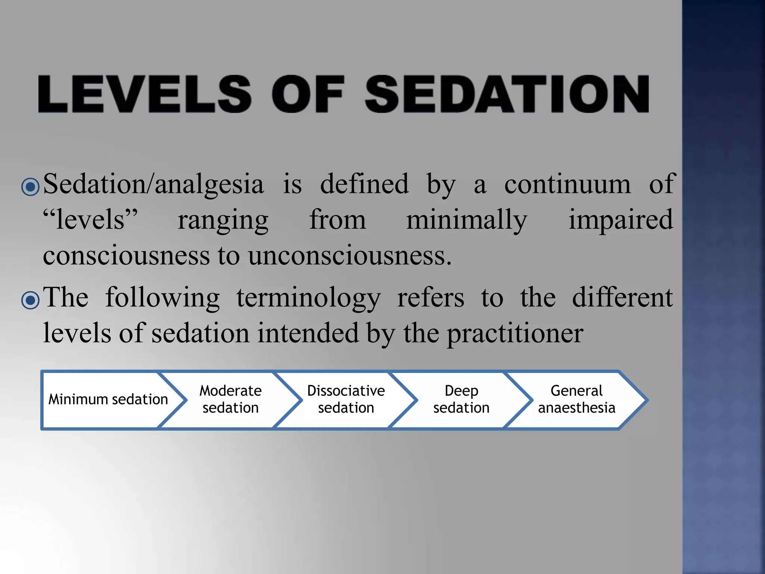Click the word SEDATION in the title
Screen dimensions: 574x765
507,94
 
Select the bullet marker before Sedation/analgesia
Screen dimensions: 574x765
30,186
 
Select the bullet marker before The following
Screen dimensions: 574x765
30,300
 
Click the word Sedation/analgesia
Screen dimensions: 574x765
153,184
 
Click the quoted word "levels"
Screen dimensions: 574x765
90,220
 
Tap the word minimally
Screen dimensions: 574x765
467,220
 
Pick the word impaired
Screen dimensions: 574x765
620,220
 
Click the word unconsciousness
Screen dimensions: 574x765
349,256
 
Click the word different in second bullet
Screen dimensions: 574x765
622,298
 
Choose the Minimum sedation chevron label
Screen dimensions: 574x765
108,399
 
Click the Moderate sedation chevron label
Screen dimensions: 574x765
230,399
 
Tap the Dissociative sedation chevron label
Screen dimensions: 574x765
346,399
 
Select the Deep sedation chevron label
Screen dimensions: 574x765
461,399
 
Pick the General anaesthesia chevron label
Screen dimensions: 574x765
576,399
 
